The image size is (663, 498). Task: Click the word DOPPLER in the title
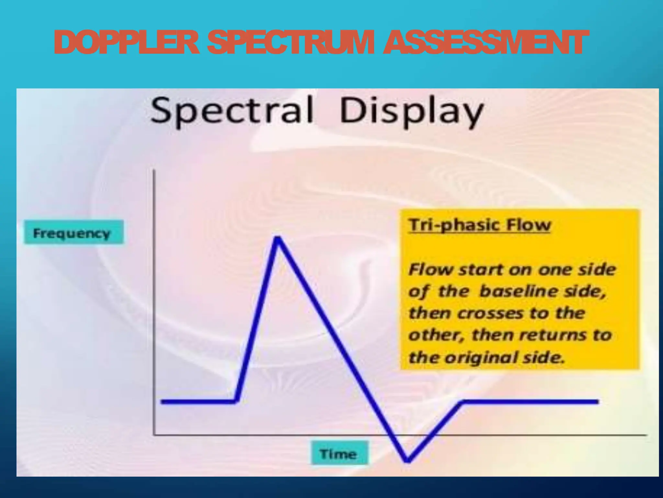pos(126,42)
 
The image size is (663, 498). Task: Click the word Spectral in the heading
pos(232,111)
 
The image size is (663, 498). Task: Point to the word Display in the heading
pos(411,112)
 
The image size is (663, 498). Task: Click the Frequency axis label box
pos(73,232)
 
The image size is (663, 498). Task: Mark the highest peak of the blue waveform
pos(278,239)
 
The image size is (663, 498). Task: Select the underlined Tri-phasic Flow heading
pos(479,225)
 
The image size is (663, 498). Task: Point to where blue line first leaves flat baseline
pos(236,401)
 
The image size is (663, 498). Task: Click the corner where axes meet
pos(154,434)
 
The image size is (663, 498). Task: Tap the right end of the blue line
pos(597,401)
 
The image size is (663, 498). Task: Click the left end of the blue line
pos(162,401)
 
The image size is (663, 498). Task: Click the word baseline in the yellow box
pos(519,291)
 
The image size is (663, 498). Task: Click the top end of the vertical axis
pos(154,170)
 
